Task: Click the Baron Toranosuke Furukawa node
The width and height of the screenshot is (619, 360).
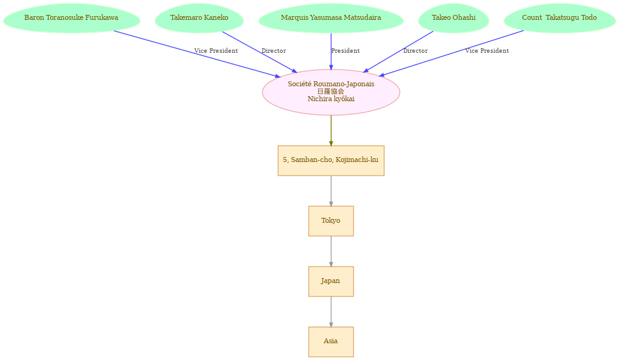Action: click(x=71, y=18)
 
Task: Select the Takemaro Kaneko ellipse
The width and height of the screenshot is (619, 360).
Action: click(x=199, y=18)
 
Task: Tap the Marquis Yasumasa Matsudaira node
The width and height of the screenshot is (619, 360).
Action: click(x=331, y=18)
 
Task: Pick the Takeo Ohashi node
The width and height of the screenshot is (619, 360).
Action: click(x=454, y=18)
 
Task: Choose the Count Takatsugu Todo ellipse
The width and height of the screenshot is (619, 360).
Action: click(x=559, y=18)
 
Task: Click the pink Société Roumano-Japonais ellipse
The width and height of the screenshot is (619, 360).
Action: click(x=331, y=92)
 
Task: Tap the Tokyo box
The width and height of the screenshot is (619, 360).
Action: click(x=331, y=221)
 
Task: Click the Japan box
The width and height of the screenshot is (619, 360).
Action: click(x=331, y=281)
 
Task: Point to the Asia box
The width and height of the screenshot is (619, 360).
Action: click(x=331, y=341)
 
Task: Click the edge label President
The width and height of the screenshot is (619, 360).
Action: click(x=346, y=51)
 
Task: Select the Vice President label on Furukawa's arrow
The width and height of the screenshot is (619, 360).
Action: click(x=216, y=51)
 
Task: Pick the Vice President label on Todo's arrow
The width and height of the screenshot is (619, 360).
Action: click(x=487, y=51)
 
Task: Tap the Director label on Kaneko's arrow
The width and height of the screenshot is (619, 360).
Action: click(x=273, y=51)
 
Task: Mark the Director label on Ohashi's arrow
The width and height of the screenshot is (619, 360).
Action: click(x=415, y=51)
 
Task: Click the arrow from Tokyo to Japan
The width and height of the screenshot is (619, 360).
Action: click(x=331, y=251)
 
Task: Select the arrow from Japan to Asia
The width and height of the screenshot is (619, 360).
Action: click(x=331, y=312)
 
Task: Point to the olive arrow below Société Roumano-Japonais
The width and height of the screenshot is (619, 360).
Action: click(x=331, y=130)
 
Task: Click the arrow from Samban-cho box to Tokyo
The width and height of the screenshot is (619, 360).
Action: click(x=331, y=191)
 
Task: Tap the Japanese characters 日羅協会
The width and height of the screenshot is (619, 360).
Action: click(x=331, y=91)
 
